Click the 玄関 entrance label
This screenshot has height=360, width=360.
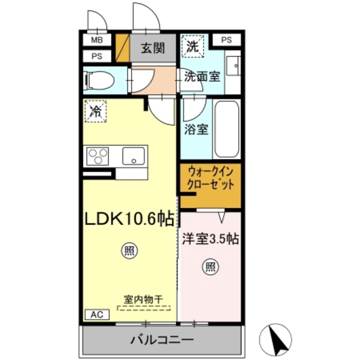153,49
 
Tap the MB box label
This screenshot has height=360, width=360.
96,40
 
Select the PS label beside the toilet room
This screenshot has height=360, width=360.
96,57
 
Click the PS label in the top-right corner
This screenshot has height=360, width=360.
227,40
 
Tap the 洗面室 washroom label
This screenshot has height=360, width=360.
202,77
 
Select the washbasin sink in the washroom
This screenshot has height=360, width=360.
233,65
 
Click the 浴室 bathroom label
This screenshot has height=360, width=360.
196,129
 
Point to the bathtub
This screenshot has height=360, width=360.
226,129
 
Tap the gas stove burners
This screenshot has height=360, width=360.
98,155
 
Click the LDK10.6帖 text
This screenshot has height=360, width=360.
129,220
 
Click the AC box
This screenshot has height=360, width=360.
96,314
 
